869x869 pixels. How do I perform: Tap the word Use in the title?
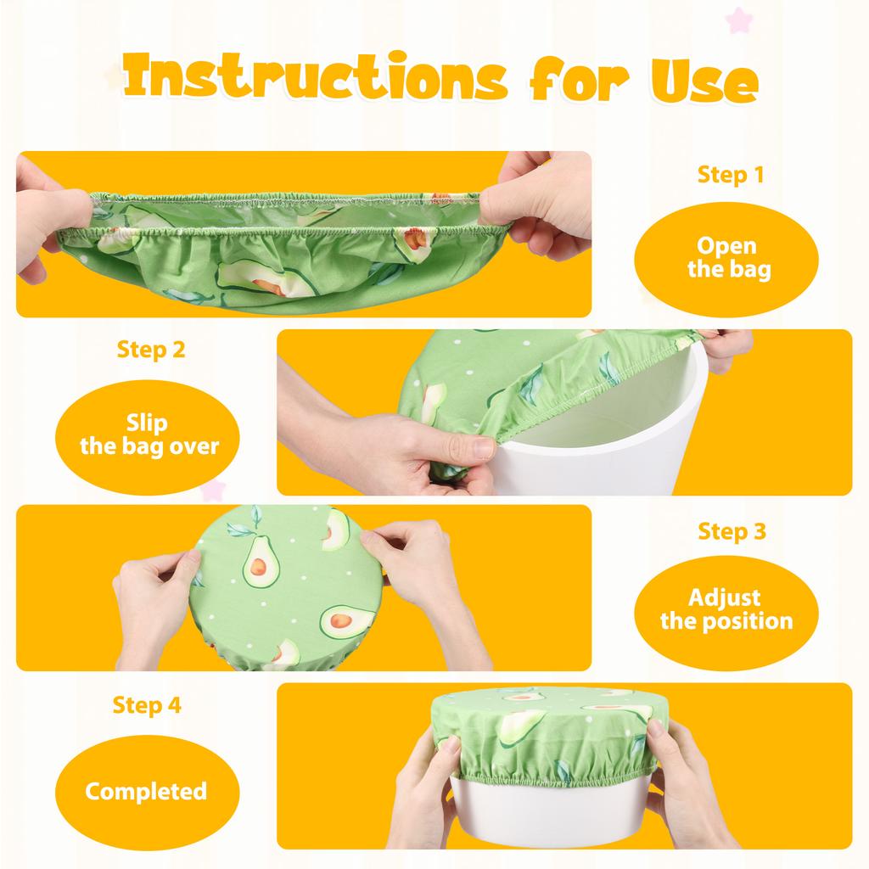701,81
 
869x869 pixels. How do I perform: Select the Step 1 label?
730,175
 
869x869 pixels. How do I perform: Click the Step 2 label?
150,349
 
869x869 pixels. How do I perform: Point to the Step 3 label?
732,531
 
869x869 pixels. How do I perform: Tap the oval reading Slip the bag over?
147,436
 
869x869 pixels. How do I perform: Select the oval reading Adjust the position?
726,609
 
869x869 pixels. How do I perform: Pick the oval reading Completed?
146,792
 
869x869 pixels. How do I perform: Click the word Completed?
146,792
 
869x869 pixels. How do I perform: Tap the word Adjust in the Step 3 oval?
725,597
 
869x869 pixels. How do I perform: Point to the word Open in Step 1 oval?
726,246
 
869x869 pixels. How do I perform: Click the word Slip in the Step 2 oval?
147,423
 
